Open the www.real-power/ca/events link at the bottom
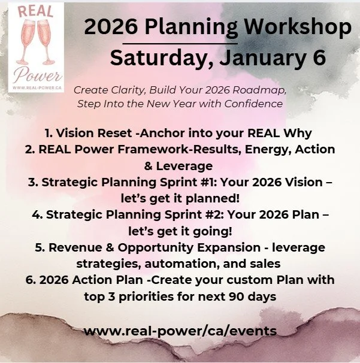[180, 331]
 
